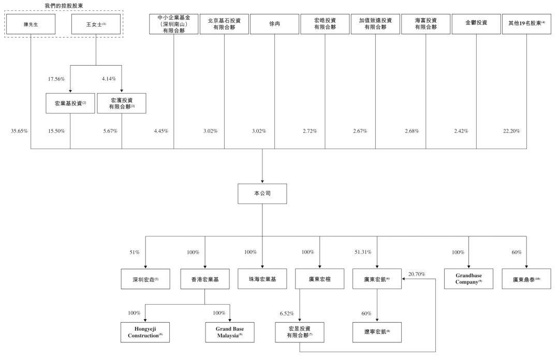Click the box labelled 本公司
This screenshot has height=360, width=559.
pyautogui.click(x=262, y=193)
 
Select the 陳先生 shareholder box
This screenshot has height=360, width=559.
pyautogui.click(x=31, y=24)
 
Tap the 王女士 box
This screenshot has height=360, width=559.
pyautogui.click(x=96, y=24)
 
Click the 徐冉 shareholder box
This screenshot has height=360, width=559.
pyautogui.click(x=274, y=24)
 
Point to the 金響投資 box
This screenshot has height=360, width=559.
pyautogui.click(x=476, y=24)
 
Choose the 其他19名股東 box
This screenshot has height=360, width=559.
pyautogui.click(x=526, y=24)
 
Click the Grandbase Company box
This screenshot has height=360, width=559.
pyautogui.click(x=468, y=279)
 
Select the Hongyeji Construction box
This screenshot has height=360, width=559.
pyautogui.click(x=145, y=332)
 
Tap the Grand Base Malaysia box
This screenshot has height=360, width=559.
pyautogui.click(x=229, y=332)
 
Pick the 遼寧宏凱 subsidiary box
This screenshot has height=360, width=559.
pyautogui.click(x=377, y=332)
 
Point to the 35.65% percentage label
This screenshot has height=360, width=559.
pyautogui.click(x=19, y=131)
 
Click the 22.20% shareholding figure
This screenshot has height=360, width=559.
pyautogui.click(x=510, y=131)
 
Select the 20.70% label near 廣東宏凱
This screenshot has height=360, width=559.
pyautogui.click(x=417, y=274)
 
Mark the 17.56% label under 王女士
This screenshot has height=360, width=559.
pyautogui.click(x=56, y=79)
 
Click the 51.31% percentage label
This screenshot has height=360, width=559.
pyautogui.click(x=363, y=252)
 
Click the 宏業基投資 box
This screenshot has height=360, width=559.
pyautogui.click(x=70, y=103)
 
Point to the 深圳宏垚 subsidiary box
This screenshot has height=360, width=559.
pyautogui.click(x=145, y=279)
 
